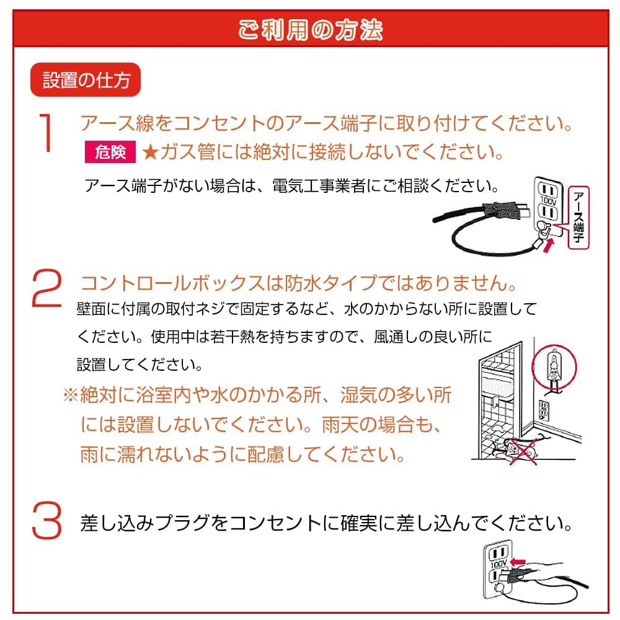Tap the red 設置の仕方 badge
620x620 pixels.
86,81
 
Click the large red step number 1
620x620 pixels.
47,132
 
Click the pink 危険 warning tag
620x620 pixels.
110,152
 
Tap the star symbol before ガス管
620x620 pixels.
151,152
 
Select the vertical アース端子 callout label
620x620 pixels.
578,217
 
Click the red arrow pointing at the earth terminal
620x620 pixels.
549,243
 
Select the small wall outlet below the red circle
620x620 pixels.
544,409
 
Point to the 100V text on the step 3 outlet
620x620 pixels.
498,565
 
